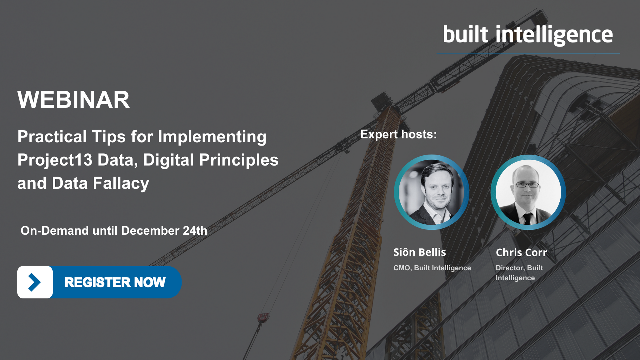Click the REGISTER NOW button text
[x=115, y=282]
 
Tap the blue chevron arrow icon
[x=34, y=282]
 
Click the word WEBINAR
[x=73, y=100]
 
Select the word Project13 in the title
[x=55, y=160]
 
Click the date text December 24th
[x=164, y=231]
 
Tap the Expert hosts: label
[x=398, y=134]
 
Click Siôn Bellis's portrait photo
[x=431, y=192]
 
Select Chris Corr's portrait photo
[x=528, y=192]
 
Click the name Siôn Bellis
[x=419, y=252]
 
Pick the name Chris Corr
[x=521, y=252]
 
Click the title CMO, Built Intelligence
[x=432, y=268]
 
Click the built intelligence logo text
[x=528, y=35]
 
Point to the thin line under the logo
[x=528, y=54]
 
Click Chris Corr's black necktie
[x=527, y=218]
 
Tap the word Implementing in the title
[x=212, y=137]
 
